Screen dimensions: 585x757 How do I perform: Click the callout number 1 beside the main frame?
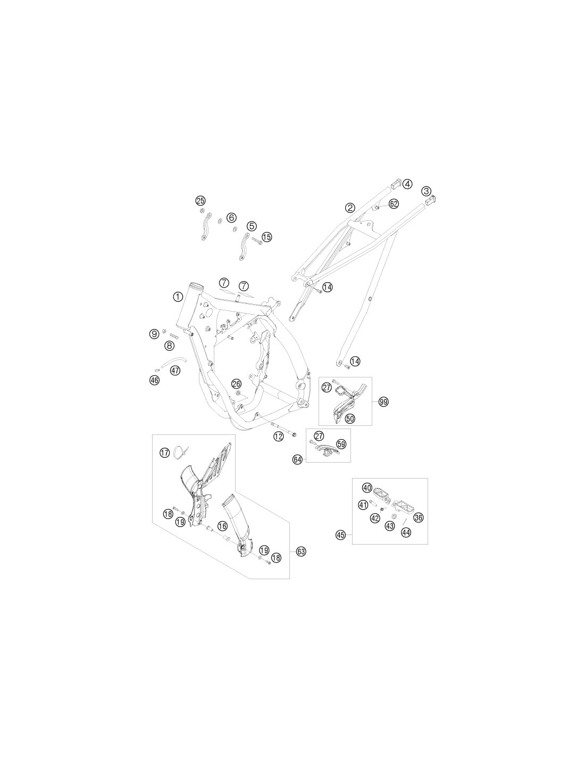click(178, 297)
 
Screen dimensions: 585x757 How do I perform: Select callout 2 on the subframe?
click(350, 208)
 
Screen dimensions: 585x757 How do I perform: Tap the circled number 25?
click(200, 201)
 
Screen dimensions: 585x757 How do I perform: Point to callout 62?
click(393, 204)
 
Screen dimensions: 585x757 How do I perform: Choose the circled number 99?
click(383, 402)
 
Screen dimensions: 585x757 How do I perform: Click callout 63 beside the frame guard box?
click(301, 552)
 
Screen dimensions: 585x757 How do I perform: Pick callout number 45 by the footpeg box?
click(341, 534)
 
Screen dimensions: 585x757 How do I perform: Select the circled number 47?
click(175, 371)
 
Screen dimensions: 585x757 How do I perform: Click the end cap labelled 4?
click(396, 184)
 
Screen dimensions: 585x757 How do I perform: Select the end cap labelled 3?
click(431, 201)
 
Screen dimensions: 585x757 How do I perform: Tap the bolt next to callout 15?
click(256, 241)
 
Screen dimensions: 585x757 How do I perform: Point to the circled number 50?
click(350, 418)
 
